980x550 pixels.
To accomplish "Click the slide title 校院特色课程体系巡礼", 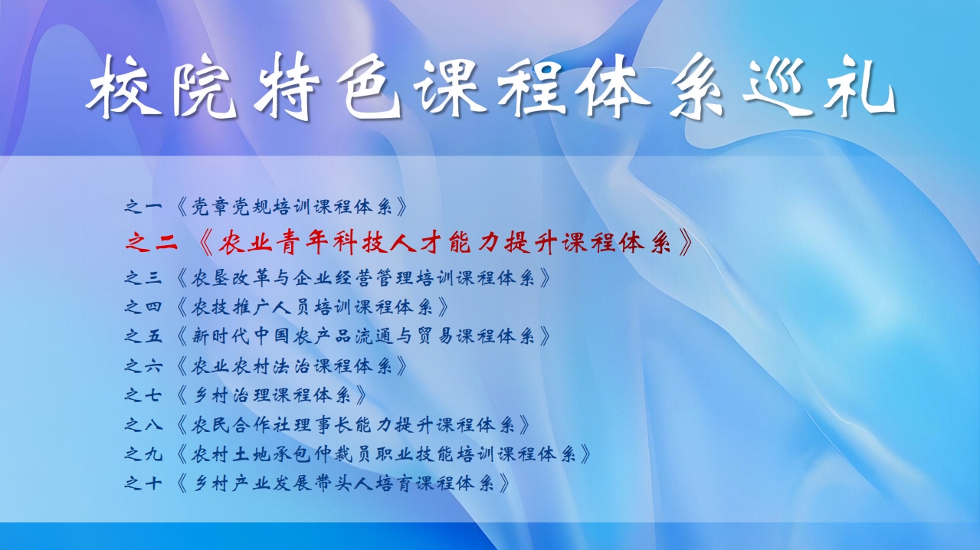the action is pyautogui.click(x=490, y=86).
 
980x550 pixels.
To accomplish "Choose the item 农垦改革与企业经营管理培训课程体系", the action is pyautogui.click(x=363, y=278).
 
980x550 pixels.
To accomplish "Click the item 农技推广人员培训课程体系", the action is pyautogui.click(x=313, y=306).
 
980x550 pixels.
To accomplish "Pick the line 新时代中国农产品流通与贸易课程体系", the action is pyautogui.click(x=363, y=336).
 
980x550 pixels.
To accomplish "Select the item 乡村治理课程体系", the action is pyautogui.click(x=271, y=395).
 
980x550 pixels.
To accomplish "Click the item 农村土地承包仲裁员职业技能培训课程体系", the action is pyautogui.click(x=384, y=454).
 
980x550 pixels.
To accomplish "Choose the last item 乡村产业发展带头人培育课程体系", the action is pyautogui.click(x=343, y=483).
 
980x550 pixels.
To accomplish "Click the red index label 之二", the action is pyautogui.click(x=152, y=242).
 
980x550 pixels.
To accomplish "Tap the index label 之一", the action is pyautogui.click(x=143, y=206).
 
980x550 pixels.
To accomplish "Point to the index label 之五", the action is pyautogui.click(x=143, y=336).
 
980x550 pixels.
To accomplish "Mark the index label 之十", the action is pyautogui.click(x=143, y=483).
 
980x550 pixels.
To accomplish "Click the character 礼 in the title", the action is pyautogui.click(x=860, y=87).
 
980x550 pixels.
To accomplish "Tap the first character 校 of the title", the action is pyautogui.click(x=123, y=87).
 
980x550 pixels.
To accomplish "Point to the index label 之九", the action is pyautogui.click(x=143, y=454).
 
